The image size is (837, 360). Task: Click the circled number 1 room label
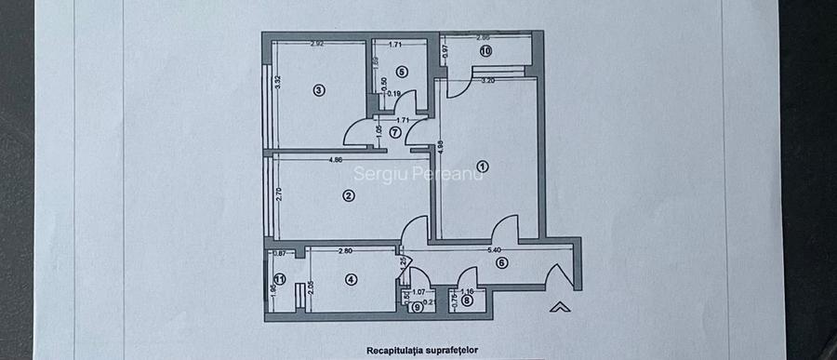pos(482,167)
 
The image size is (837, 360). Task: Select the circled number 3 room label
pos(318,90)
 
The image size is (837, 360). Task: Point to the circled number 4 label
pos(351,279)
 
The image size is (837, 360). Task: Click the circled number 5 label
pos(401,71)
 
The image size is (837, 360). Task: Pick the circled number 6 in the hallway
pos(501,262)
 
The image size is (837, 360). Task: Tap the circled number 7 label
pos(394,132)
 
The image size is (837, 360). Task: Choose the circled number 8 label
pos(465,300)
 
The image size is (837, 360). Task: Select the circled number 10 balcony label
pos(485,52)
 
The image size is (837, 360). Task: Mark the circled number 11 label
pos(279,279)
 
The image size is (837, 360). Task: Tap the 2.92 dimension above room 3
pos(316,44)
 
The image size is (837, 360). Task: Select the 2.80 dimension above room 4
pos(344,250)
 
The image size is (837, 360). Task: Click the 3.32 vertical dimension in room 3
pos(277,81)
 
